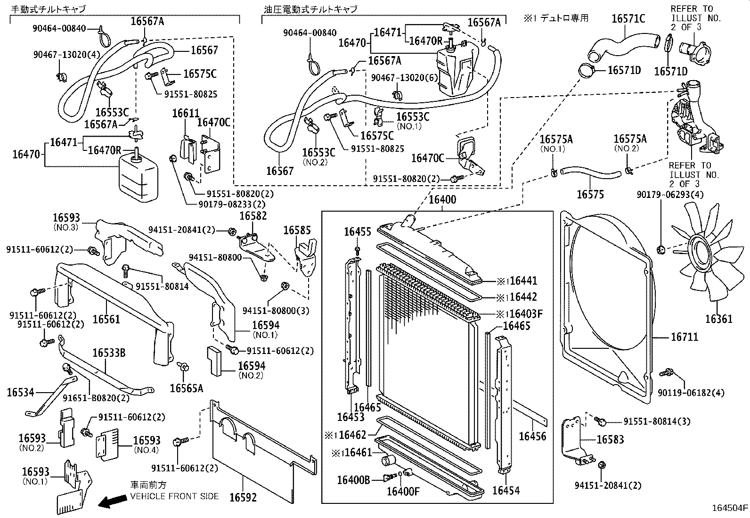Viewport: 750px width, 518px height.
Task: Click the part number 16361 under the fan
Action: (x=718, y=319)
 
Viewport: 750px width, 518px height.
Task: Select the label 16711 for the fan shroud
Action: (x=685, y=337)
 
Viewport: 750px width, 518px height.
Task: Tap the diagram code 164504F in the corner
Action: (x=729, y=508)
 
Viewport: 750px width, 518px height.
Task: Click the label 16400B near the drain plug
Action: (x=353, y=480)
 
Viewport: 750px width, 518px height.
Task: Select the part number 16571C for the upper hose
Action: (x=628, y=18)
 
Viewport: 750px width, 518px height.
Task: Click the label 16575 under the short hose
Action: (x=590, y=194)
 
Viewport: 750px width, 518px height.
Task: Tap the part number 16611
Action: (x=186, y=114)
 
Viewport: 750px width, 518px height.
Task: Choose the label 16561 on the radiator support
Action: (x=106, y=319)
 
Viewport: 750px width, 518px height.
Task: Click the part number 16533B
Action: (x=109, y=353)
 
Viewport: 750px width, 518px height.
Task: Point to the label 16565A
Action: (x=187, y=388)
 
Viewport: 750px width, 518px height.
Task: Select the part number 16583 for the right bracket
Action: (x=610, y=439)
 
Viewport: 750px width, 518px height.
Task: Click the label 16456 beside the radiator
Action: (x=532, y=436)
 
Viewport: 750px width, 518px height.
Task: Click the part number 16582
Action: (x=253, y=216)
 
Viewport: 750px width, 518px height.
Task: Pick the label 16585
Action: (x=297, y=230)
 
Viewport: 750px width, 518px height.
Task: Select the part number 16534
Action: (x=20, y=392)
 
